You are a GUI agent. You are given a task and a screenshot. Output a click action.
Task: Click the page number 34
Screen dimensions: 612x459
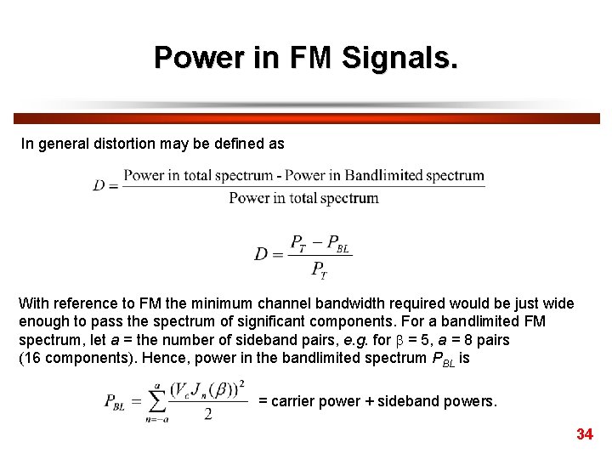coord(584,434)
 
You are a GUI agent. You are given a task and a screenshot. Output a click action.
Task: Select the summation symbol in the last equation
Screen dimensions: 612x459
coord(156,402)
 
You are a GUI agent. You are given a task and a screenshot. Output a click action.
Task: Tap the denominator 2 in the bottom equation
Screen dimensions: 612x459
coord(207,414)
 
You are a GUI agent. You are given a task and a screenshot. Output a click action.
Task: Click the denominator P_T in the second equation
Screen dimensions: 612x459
coord(319,270)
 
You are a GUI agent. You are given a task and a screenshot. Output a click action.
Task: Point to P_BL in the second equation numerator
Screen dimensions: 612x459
coord(337,243)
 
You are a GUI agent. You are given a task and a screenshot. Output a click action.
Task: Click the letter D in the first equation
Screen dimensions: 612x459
coord(99,185)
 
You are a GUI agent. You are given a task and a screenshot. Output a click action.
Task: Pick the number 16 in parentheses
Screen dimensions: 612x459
coord(31,358)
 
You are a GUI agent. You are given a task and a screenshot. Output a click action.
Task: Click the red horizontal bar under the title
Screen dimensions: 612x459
coord(306,119)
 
